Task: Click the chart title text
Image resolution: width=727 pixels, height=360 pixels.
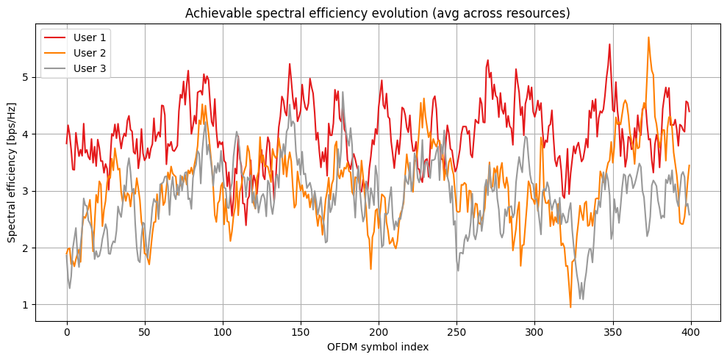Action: (x=377, y=13)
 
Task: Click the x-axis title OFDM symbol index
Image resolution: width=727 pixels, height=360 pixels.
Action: (x=379, y=346)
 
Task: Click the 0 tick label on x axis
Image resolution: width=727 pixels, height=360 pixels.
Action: (x=67, y=331)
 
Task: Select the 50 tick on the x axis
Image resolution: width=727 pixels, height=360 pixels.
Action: (x=145, y=331)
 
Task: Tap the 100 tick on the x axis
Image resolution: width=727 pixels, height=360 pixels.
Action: (x=223, y=331)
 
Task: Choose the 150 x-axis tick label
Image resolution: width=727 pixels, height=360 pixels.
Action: (x=301, y=331)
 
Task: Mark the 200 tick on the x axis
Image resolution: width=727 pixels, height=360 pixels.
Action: (x=379, y=331)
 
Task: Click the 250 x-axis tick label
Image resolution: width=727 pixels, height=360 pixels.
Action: (x=456, y=331)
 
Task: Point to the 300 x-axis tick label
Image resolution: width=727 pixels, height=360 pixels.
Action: (x=534, y=331)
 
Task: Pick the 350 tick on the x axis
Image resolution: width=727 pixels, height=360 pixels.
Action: (x=612, y=331)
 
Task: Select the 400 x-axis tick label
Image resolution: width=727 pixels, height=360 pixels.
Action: (x=690, y=331)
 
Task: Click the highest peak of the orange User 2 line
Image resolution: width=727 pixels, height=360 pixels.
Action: (x=648, y=37)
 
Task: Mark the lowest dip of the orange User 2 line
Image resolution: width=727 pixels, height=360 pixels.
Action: (x=570, y=307)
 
